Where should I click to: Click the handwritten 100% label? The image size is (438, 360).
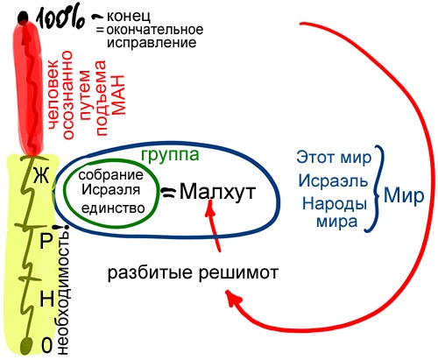pos(60,19)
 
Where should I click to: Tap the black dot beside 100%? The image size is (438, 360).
pos(23,18)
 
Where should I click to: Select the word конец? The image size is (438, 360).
pos(129,16)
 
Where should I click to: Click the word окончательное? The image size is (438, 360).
pos(155,30)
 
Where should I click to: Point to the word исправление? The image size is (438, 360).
pos(152,43)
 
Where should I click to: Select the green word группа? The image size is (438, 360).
pos(170,155)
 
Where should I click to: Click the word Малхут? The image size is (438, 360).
pos(217,192)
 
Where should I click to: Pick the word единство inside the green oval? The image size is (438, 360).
pos(113,208)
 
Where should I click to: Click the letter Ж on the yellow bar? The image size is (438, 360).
pos(41,176)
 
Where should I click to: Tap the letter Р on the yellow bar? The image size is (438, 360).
pos(46,241)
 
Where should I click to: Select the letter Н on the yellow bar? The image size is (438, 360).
pos(47,299)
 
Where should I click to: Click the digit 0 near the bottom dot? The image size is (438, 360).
pos(47,345)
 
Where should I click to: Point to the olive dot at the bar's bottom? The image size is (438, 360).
pos(26,346)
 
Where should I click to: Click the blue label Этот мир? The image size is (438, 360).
pos(334,158)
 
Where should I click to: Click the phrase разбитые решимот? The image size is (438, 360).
pos(193,273)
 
